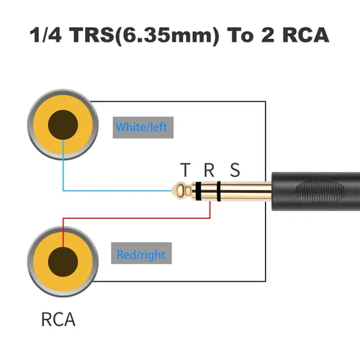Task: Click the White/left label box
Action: pos(142,127)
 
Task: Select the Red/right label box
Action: pos(141,255)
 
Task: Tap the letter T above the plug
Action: pos(186,171)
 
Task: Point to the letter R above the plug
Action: pos(209,171)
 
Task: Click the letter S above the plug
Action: pos(234,171)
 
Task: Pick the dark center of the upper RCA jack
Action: pos(62,128)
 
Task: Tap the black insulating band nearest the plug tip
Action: pos(197,191)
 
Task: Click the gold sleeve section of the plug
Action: pos(245,191)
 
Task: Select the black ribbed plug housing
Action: pos(317,191)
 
